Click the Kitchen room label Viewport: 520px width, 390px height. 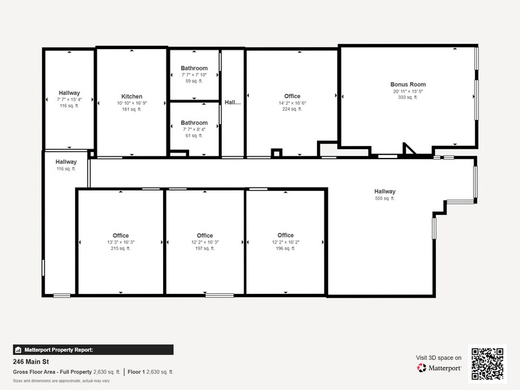tap(131, 96)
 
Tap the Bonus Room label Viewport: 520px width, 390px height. tap(408, 84)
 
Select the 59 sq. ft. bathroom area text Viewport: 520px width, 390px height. tap(194, 82)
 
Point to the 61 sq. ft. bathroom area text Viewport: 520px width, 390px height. tap(194, 135)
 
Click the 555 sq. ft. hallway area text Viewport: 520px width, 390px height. tap(385, 198)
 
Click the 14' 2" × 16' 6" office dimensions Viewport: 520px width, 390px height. tap(292, 103)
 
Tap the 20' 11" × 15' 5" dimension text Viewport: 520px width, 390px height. tap(408, 91)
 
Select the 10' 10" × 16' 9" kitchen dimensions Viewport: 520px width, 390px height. tap(131, 103)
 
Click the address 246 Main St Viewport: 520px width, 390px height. tap(32, 362)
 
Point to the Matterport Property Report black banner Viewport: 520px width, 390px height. tap(93, 350)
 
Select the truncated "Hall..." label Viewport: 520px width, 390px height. tap(232, 102)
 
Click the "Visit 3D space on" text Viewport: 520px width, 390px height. tap(438, 357)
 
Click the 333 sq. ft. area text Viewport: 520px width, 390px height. tap(408, 97)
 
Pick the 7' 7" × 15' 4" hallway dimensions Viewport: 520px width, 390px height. tap(69, 99)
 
